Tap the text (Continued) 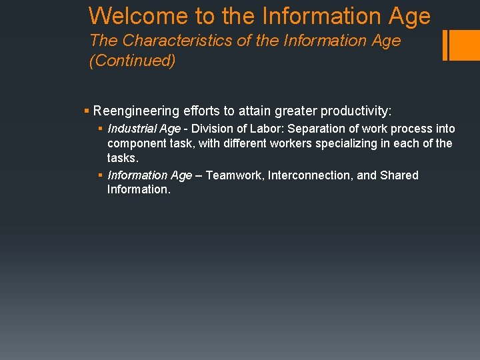pos(132,61)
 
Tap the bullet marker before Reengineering pos(87,111)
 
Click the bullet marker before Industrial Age pos(100,129)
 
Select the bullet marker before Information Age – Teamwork pos(100,175)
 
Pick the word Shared pos(399,175)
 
